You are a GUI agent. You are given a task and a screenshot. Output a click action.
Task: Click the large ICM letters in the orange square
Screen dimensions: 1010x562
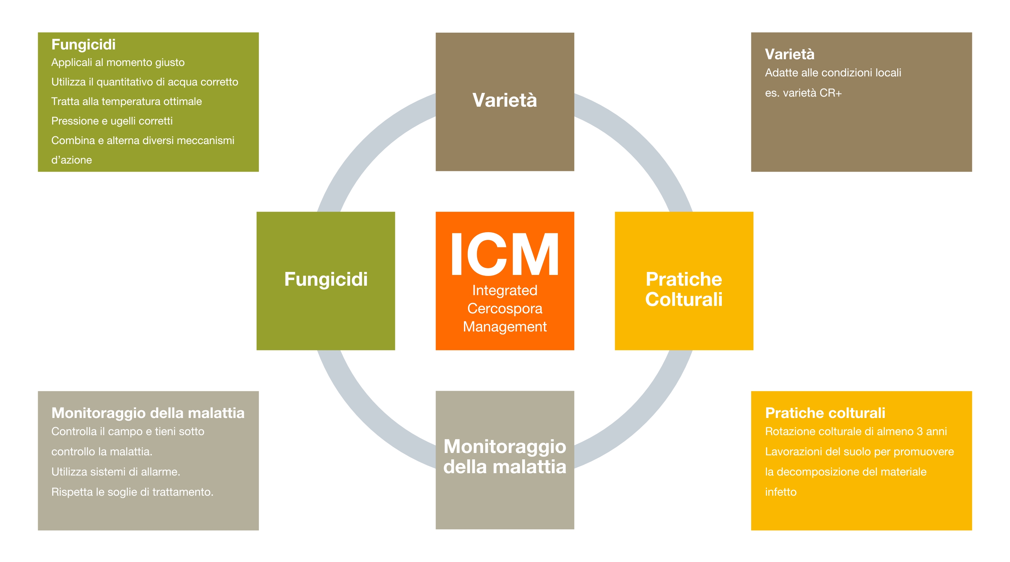(505, 254)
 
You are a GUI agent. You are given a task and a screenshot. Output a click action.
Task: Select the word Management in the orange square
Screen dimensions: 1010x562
(505, 326)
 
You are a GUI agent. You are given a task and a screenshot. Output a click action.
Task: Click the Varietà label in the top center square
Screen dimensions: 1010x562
(505, 100)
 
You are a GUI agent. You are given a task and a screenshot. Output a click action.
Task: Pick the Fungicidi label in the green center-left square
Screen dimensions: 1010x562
(326, 279)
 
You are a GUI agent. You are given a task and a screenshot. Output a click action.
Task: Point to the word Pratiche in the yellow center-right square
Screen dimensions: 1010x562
(684, 279)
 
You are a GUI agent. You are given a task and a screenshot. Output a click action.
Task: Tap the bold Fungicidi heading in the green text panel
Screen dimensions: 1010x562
(83, 45)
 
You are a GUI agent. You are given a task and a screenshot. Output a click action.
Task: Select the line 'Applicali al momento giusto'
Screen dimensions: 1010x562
(118, 63)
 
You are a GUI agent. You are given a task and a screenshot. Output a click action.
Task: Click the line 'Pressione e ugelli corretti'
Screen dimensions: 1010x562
(112, 121)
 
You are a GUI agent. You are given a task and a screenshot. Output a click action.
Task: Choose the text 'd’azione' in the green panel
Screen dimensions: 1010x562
(72, 160)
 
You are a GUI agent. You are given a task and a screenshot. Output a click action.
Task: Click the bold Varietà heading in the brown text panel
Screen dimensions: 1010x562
(789, 55)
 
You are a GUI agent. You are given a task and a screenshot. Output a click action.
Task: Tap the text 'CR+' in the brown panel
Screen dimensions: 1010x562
(831, 93)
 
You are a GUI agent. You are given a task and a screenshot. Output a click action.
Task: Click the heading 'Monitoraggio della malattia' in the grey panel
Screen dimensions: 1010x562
(148, 413)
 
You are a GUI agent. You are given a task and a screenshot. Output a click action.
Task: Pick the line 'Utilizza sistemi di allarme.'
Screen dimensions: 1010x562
(116, 472)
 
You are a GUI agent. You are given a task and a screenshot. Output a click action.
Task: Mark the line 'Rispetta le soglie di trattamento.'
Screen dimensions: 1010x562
(133, 492)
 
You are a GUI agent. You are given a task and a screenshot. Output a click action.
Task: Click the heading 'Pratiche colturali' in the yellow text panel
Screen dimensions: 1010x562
(825, 413)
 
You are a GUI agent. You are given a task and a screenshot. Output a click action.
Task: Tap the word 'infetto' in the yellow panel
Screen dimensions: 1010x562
(781, 492)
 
